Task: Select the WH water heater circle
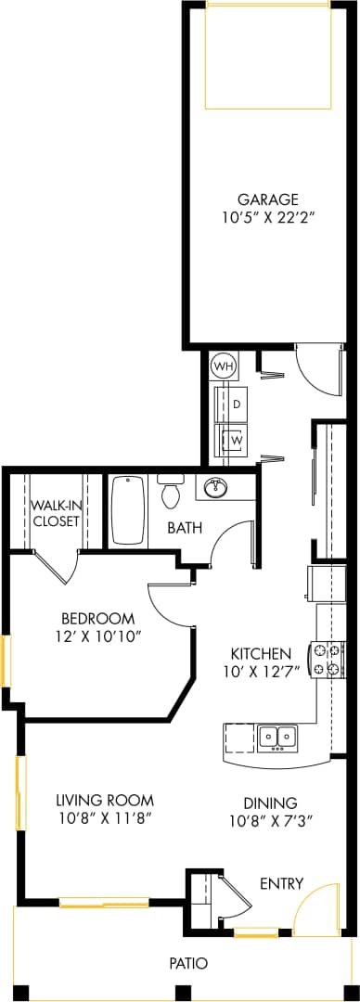pyautogui.click(x=223, y=366)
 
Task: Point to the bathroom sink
pyautogui.click(x=216, y=487)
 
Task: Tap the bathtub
pyautogui.click(x=127, y=511)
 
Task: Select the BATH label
pyautogui.click(x=185, y=528)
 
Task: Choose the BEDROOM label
pyautogui.click(x=97, y=619)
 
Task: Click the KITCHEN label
pyautogui.click(x=261, y=653)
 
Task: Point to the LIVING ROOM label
pyautogui.click(x=104, y=800)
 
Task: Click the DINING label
pyautogui.click(x=270, y=803)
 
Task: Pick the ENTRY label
pyautogui.click(x=281, y=883)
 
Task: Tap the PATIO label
pyautogui.click(x=188, y=963)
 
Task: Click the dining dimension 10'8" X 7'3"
pyautogui.click(x=270, y=820)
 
